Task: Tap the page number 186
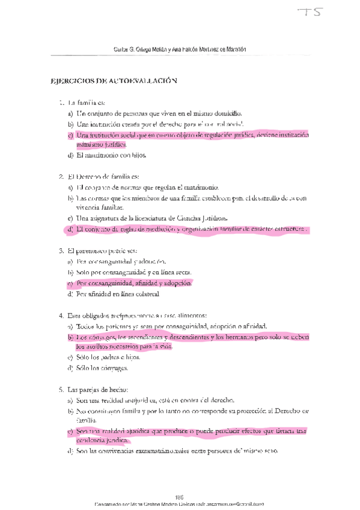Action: pos(179,497)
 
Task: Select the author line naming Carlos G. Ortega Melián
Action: pos(180,49)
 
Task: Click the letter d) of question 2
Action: pos(70,229)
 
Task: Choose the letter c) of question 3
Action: pos(70,283)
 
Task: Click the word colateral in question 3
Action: pos(145,294)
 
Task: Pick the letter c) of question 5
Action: pos(70,432)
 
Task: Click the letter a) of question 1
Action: pos(70,113)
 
